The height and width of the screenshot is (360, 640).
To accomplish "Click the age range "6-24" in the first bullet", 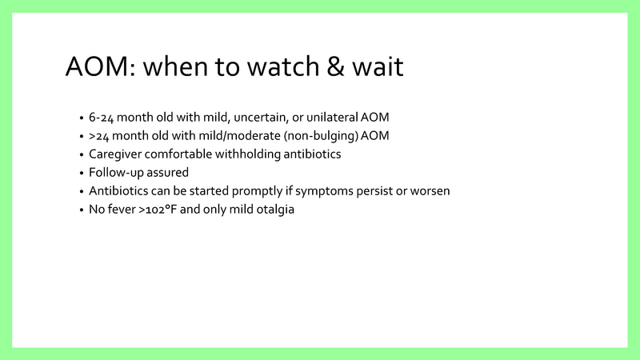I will (101, 117).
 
